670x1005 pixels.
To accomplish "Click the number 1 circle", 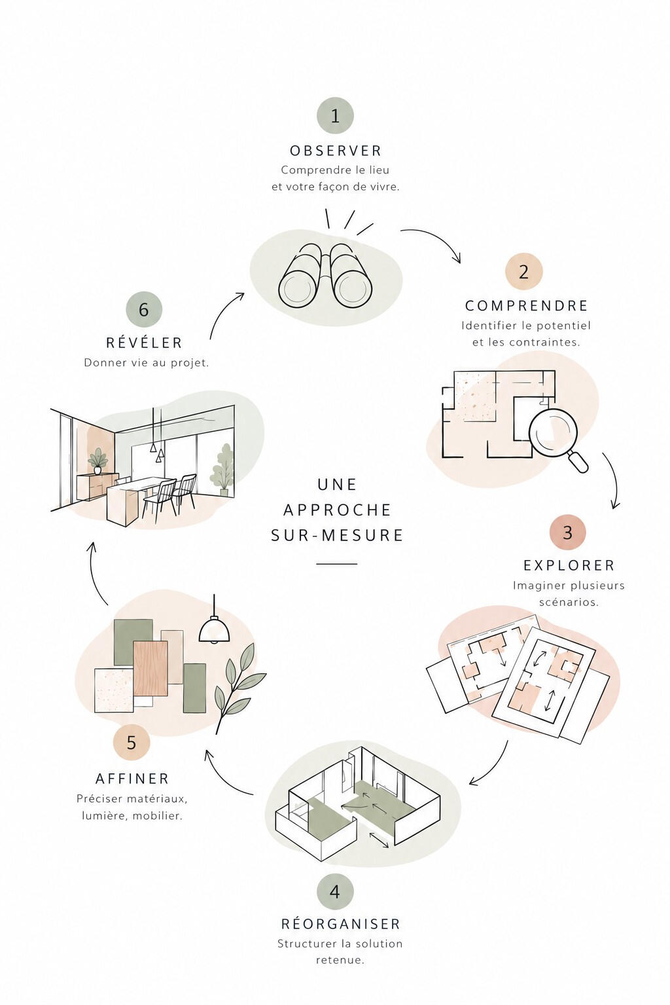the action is point(335,115).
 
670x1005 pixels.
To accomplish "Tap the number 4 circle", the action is point(335,892).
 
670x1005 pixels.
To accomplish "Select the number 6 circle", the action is point(143,309).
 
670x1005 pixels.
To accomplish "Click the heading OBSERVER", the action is point(336,150).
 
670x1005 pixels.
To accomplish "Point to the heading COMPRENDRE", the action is point(527,306).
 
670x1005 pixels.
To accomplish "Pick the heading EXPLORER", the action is point(569,565).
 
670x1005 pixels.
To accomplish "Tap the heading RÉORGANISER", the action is point(341,924).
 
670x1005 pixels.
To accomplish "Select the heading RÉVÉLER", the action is point(144,342).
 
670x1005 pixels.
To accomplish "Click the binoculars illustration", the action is point(326,275).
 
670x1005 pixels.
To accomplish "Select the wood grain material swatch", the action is point(150,669).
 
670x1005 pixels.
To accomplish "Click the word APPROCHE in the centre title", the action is point(338,510).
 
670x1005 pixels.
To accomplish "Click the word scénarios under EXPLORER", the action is point(569,602).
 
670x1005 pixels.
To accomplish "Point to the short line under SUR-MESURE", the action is point(336,563).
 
